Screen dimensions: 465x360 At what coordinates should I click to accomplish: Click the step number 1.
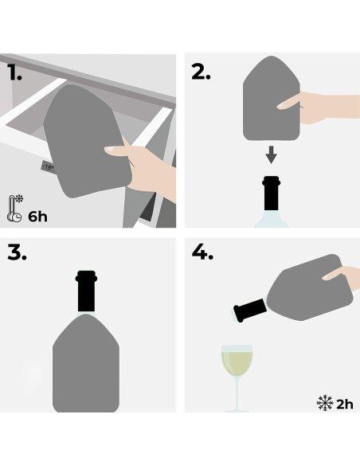tap(15, 73)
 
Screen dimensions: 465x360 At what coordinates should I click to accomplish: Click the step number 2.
tap(201, 72)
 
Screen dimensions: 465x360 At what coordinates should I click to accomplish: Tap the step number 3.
tap(18, 253)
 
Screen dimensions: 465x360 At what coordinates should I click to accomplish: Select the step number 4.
tap(203, 253)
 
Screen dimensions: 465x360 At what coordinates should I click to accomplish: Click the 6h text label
tap(37, 217)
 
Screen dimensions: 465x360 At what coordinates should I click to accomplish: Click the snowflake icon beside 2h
tap(324, 404)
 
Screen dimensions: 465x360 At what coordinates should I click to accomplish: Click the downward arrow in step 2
tap(271, 154)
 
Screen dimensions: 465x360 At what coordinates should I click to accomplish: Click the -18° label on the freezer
tap(48, 167)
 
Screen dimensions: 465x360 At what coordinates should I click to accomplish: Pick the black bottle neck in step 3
tap(86, 291)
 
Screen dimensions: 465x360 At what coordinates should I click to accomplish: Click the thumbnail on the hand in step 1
tap(112, 150)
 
